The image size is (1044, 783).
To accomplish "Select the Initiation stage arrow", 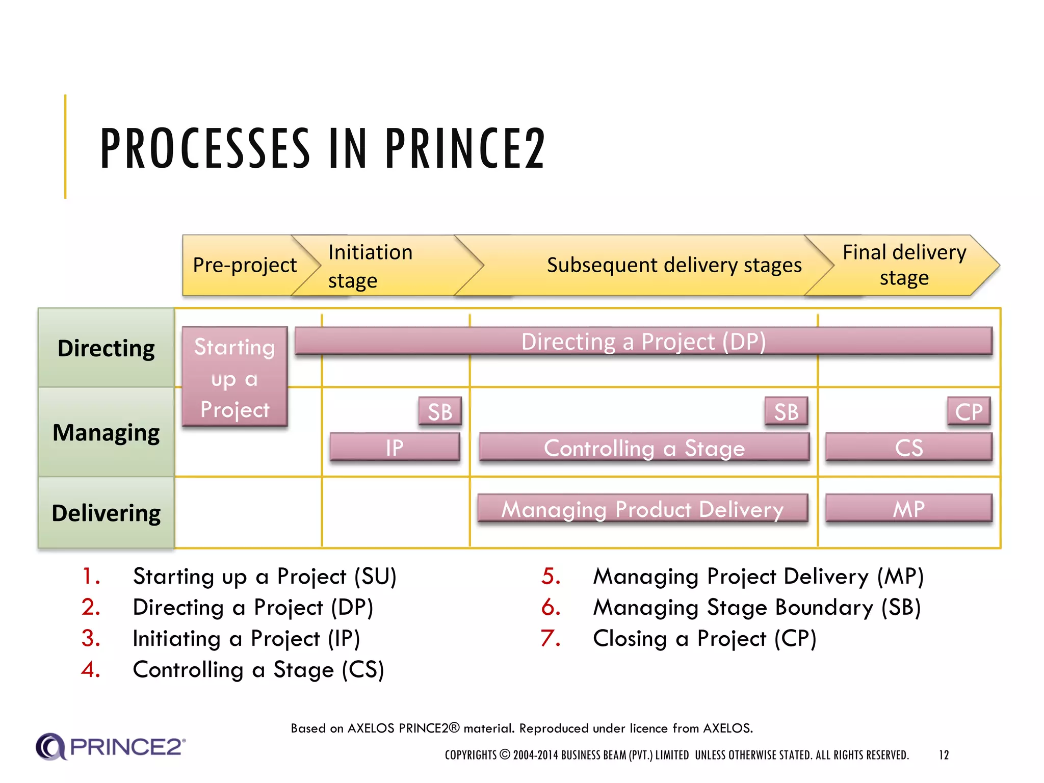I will tap(377, 266).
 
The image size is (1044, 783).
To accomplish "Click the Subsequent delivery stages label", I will tap(674, 265).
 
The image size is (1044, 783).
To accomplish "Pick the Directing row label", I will tap(106, 348).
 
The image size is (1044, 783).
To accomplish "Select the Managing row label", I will tap(106, 432).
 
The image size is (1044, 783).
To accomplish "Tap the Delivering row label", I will tap(106, 513).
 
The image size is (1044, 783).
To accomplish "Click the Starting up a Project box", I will tap(234, 377).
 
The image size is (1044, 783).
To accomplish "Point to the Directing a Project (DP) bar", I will tap(643, 341).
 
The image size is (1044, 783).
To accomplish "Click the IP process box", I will tap(395, 448).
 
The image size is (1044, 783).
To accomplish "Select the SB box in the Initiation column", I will tap(440, 411).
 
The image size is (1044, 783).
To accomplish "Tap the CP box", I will tap(969, 411).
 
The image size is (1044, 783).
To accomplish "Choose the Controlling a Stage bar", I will tap(644, 448).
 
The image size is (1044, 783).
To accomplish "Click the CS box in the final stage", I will tap(908, 448).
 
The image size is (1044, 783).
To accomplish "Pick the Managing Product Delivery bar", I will tap(642, 509).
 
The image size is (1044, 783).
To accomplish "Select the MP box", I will tap(908, 509).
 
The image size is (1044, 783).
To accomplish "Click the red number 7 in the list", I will tap(551, 638).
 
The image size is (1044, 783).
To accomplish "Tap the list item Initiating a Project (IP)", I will tap(246, 638).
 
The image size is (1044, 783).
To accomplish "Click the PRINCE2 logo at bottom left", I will tap(110, 747).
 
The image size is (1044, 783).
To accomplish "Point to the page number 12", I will tap(944, 755).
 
